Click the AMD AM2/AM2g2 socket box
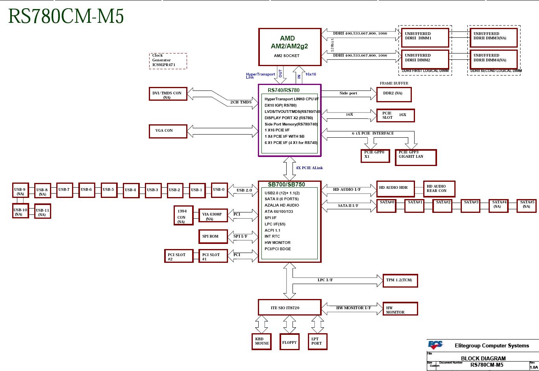290,46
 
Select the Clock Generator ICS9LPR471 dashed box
168,61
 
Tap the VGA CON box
168,131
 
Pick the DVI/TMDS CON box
168,94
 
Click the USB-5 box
108,190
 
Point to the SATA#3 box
471,205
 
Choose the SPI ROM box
213,236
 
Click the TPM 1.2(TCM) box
400,281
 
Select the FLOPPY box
289,342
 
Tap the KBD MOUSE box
262,341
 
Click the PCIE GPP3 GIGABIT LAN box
416,157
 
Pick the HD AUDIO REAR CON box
439,189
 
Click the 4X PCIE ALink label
309,168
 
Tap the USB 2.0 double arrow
243,190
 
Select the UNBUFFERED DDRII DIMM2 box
425,59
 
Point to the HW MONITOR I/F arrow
352,308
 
